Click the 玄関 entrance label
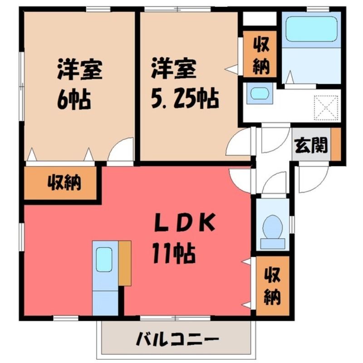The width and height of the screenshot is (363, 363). [x=311, y=146]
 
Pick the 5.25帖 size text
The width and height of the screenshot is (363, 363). [x=185, y=98]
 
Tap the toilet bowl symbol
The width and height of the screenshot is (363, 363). [x=273, y=231]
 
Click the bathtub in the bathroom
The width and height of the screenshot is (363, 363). [x=311, y=29]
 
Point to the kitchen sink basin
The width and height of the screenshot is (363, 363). [x=104, y=260]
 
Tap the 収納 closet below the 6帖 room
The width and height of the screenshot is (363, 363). [x=60, y=183]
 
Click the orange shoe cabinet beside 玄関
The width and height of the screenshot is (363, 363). [x=336, y=144]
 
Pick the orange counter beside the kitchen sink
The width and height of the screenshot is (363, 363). [x=125, y=263]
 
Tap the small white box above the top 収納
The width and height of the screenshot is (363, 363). [x=260, y=19]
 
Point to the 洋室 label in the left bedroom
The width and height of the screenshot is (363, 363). [x=80, y=69]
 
